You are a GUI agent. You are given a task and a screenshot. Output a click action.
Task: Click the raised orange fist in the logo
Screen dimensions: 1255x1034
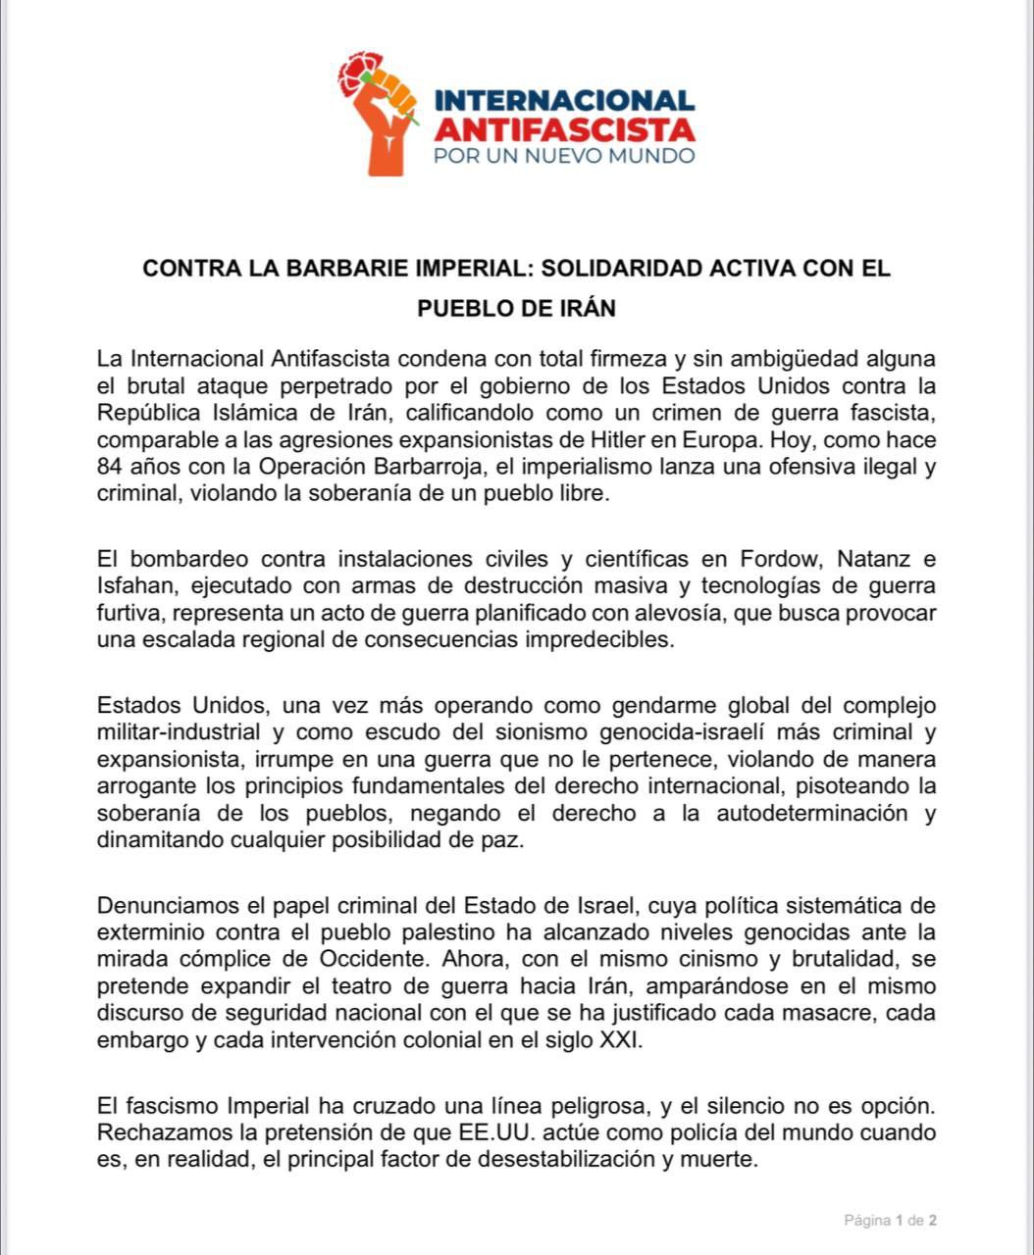(385, 127)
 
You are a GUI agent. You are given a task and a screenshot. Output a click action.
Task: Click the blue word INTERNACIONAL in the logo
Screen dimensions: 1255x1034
(564, 100)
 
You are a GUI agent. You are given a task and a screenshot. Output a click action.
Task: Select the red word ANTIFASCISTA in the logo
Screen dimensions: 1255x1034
(564, 128)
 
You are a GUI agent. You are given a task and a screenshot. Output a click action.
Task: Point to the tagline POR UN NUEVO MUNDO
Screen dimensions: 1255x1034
(564, 155)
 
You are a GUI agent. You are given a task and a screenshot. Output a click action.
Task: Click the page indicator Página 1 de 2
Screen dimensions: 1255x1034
(891, 1221)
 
